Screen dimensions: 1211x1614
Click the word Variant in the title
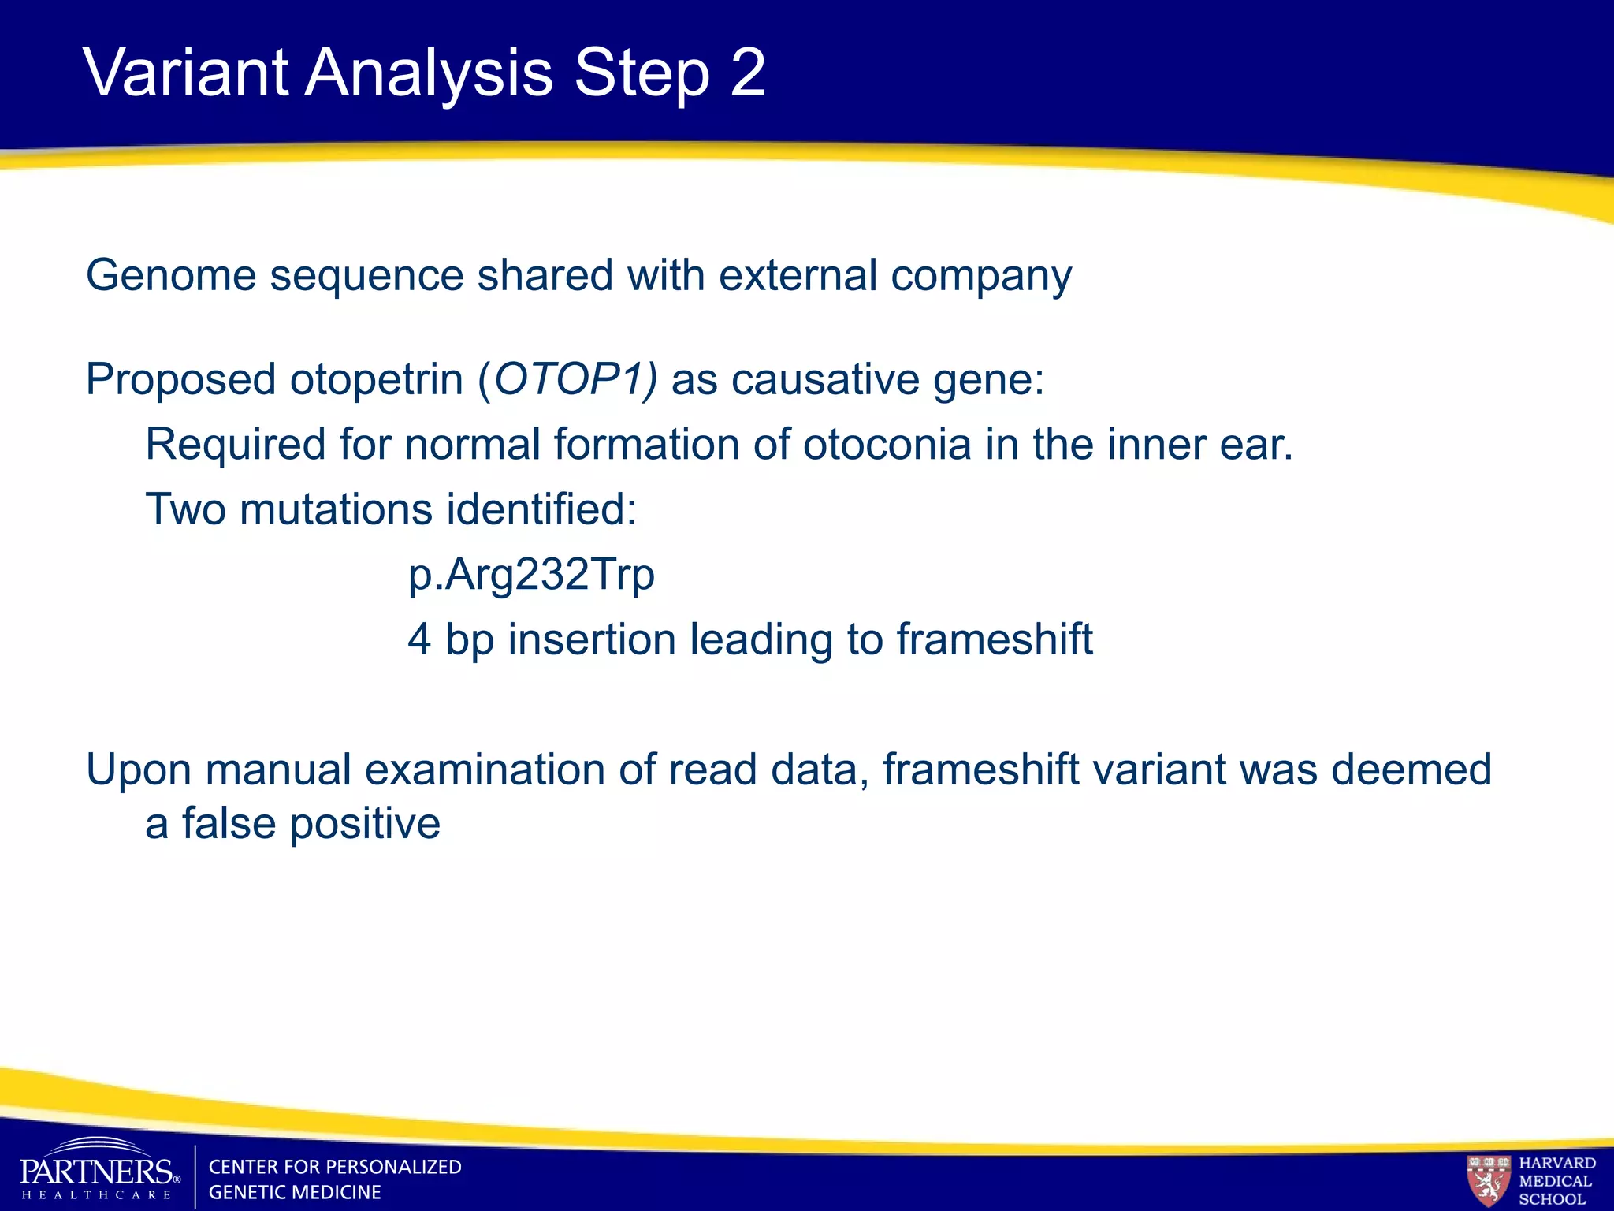[186, 73]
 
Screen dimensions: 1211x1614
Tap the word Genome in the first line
[171, 276]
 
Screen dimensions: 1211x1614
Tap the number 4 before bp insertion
[419, 639]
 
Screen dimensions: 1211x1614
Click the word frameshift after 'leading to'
[994, 639]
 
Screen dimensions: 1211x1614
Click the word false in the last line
[229, 824]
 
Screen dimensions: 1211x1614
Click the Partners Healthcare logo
[99, 1171]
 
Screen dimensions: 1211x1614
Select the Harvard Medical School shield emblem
[1488, 1179]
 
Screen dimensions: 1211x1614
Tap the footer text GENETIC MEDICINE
[295, 1192]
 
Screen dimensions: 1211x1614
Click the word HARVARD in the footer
[1556, 1163]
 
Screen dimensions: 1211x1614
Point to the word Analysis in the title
[429, 73]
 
